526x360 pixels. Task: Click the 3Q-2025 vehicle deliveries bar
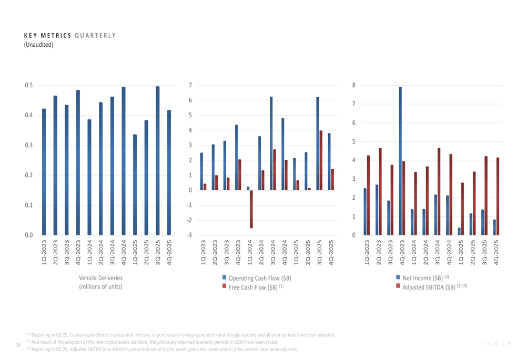(x=158, y=161)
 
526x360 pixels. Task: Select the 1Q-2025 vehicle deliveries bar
(x=135, y=185)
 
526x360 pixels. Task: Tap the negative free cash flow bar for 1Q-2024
(x=251, y=209)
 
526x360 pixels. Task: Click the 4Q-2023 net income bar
(x=400, y=161)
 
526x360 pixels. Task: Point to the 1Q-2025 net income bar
(x=459, y=231)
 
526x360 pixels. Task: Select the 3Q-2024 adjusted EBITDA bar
(x=439, y=191)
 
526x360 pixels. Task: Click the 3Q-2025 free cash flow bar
(x=321, y=160)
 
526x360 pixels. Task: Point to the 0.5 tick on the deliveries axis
(x=28, y=85)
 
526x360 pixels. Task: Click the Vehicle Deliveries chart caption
(x=100, y=282)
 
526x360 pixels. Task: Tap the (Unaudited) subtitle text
(x=38, y=45)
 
